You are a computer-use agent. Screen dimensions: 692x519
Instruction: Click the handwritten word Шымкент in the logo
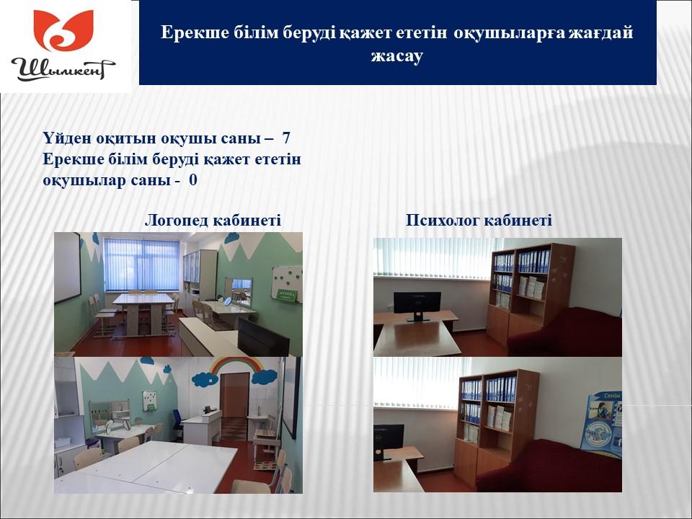point(63,69)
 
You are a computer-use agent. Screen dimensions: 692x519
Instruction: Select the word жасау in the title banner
point(397,56)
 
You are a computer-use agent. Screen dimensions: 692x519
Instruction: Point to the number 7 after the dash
point(286,138)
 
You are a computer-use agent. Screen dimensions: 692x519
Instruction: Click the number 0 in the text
point(193,180)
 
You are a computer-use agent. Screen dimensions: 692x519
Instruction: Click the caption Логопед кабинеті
point(213,220)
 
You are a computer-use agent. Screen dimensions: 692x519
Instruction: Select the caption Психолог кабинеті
point(479,220)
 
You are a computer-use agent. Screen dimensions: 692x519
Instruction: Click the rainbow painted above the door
point(236,365)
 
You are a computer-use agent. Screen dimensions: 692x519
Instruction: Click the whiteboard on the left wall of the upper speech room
point(67,268)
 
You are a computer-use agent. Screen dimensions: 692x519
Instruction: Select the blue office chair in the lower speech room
point(177,425)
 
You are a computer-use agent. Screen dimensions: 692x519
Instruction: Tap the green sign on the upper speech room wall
point(286,295)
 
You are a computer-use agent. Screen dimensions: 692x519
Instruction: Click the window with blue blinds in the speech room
point(142,265)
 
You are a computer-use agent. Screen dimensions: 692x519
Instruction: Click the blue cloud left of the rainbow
point(205,378)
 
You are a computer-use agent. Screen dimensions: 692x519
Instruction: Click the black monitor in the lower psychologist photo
point(389,442)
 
